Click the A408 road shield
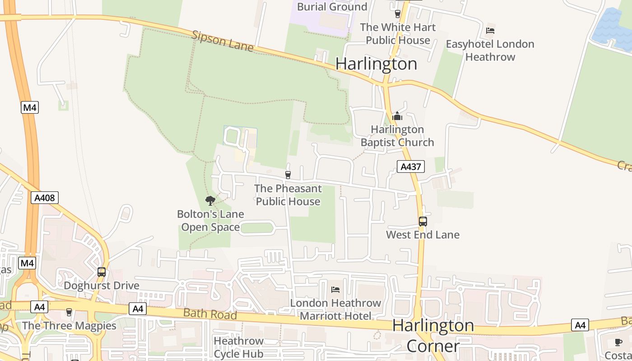pos(45,198)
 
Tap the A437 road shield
pos(411,167)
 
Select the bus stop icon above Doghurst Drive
pos(102,272)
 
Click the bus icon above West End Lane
pos(423,222)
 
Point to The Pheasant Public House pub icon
pos(288,175)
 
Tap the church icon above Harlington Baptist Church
pos(397,116)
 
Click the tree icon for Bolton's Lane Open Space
pos(210,200)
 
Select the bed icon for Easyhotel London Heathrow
pos(490,31)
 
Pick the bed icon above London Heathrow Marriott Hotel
pos(335,289)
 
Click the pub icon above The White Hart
pos(398,14)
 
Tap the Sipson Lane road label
pos(223,41)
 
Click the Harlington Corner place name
pos(433,335)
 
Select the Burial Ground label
pos(332,7)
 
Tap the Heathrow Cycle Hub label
pos(238,347)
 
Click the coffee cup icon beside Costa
pos(618,342)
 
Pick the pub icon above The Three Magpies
pos(69,312)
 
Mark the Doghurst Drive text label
pos(102,286)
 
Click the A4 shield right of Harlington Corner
pos(580,325)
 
